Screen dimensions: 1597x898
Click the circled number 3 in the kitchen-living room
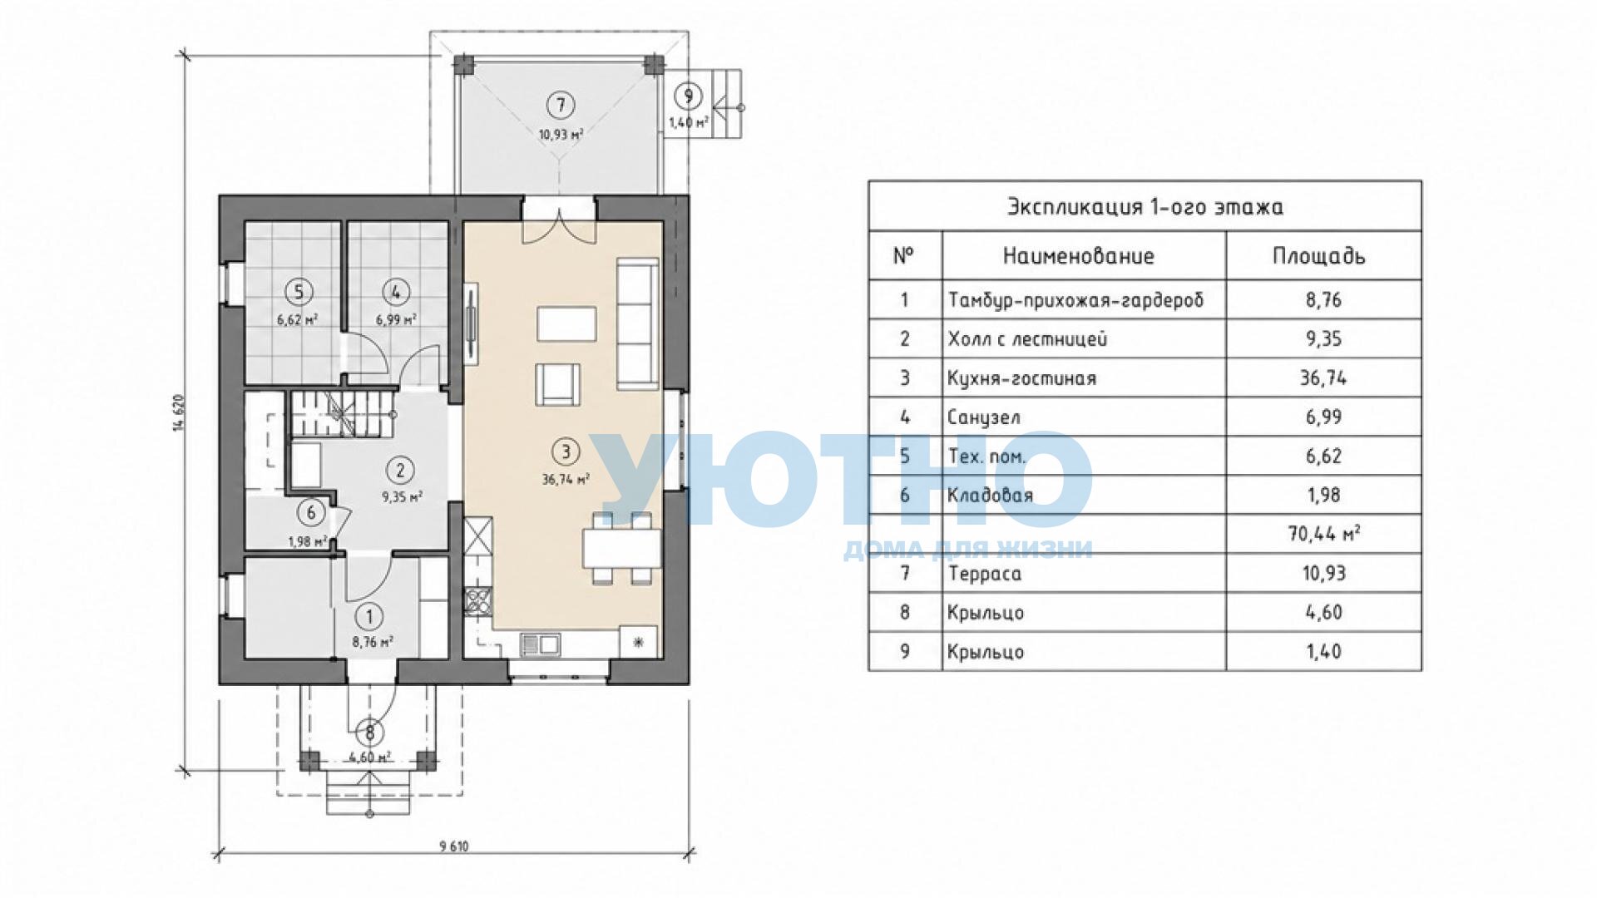point(566,451)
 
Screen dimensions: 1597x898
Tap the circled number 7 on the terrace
point(561,105)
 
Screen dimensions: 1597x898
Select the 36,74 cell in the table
point(1323,377)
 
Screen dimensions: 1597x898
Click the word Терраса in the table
point(985,574)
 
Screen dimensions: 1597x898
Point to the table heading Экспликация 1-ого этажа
point(1145,206)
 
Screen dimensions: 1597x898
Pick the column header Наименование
point(1079,256)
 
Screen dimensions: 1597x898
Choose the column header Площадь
point(1319,257)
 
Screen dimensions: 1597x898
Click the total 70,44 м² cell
point(1324,534)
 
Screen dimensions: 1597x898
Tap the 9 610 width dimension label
point(454,846)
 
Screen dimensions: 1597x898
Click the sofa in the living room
point(638,323)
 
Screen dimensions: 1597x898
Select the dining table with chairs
point(622,549)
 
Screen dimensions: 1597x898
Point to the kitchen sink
point(540,644)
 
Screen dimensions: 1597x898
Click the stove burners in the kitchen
point(478,600)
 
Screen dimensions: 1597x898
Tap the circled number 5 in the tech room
point(298,292)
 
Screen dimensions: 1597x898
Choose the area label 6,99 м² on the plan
point(396,319)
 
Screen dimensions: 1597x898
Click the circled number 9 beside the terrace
point(688,96)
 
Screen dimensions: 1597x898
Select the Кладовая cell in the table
point(990,496)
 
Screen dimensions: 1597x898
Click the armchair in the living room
point(557,384)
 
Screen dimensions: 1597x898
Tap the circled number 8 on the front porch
point(370,733)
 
